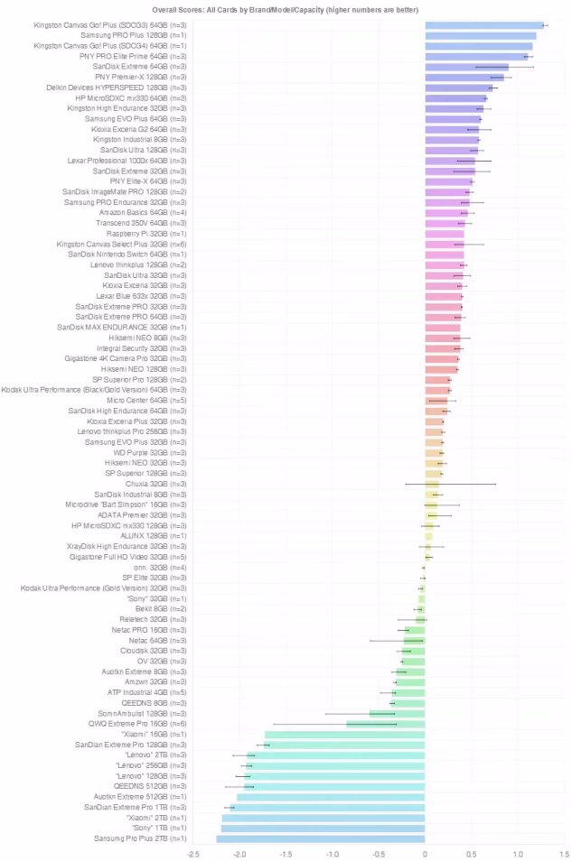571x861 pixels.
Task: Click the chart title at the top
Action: [x=288, y=8]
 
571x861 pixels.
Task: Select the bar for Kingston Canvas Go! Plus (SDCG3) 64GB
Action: [x=484, y=24]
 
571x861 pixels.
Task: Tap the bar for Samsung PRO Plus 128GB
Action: [x=481, y=35]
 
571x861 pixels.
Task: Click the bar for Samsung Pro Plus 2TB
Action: [x=321, y=838]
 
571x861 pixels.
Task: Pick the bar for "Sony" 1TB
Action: [x=323, y=828]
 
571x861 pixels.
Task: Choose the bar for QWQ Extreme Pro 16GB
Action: [x=386, y=724]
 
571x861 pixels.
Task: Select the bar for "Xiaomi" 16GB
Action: [x=345, y=734]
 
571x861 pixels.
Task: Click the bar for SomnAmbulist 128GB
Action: [x=398, y=713]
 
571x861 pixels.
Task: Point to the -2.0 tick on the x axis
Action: [x=240, y=852]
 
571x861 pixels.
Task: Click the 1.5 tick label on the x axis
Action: [x=564, y=852]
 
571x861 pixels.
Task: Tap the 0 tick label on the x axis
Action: [x=426, y=852]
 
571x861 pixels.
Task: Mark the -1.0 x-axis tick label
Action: [x=332, y=852]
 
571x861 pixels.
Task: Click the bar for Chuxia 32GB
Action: [x=432, y=484]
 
